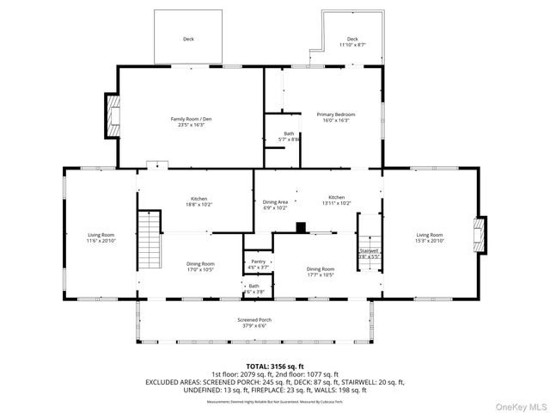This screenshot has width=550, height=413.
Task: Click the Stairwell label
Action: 369,253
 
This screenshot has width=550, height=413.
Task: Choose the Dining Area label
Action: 275,205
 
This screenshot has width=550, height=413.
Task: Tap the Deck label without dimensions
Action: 187,39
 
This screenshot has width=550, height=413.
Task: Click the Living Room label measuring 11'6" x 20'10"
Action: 101,237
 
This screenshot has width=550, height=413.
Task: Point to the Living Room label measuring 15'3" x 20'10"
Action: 430,237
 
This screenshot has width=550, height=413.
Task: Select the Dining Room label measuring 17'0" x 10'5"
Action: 200,267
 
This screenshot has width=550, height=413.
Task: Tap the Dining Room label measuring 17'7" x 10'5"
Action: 321,272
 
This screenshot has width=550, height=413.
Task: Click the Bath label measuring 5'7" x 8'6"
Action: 290,136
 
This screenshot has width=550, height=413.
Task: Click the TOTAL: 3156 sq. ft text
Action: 274,366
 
